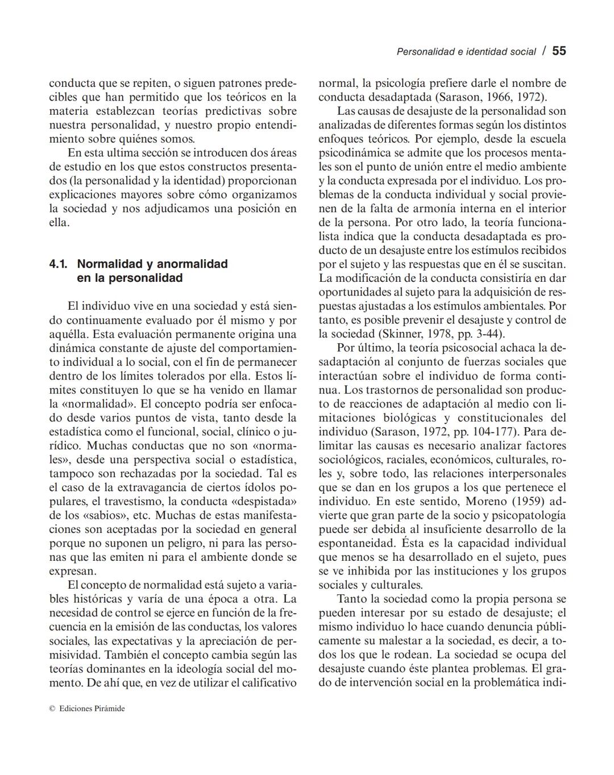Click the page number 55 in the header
click(559, 51)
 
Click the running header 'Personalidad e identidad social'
click(466, 52)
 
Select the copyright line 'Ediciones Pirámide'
click(91, 709)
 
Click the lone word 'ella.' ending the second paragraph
click(59, 223)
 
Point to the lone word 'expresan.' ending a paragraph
click(73, 571)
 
